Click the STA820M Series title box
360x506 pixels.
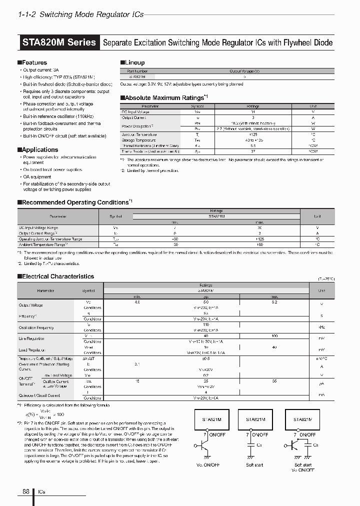[x=59, y=42]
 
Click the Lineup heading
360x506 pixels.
[x=134, y=62]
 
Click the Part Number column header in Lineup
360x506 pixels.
[x=138, y=71]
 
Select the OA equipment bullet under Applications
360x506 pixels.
[x=37, y=177]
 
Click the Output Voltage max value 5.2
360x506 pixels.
[x=274, y=302]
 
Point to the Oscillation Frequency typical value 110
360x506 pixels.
[x=205, y=324]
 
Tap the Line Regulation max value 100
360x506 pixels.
[x=274, y=335]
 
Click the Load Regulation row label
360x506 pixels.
[x=32, y=350]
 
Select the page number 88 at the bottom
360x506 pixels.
[x=26, y=491]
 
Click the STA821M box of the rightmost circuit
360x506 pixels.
[x=302, y=420]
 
